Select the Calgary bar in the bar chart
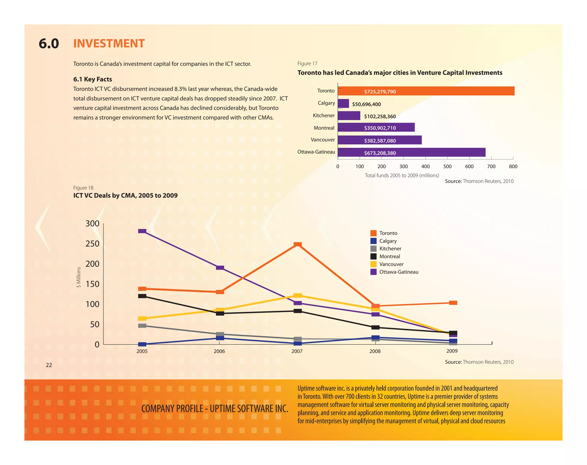point(343,104)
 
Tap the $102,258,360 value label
point(380,116)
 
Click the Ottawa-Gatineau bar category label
point(316,152)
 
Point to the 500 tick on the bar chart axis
point(447,166)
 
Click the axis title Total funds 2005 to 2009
point(402,175)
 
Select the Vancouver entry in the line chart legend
point(391,264)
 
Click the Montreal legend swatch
point(373,256)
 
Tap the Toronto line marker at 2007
point(298,244)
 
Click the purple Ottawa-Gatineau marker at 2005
point(142,231)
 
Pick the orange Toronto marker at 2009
point(453,303)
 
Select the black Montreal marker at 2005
point(142,296)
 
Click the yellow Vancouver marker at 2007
point(298,295)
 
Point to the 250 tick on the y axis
point(92,244)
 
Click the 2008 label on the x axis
point(375,351)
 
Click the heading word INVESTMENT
point(109,44)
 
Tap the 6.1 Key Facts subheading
point(93,79)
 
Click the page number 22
point(49,365)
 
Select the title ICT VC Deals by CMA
point(125,195)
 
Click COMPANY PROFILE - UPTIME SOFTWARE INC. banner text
point(215,408)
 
